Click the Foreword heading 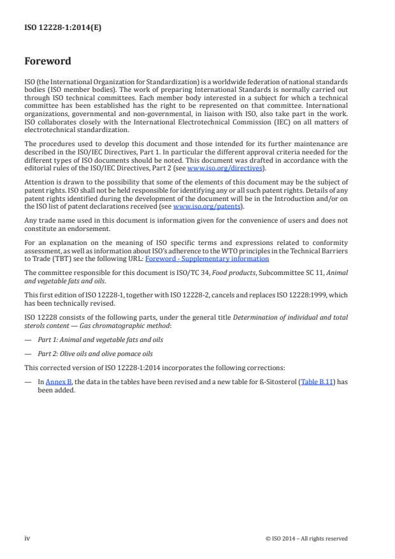(47, 62)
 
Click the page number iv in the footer (27, 538)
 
